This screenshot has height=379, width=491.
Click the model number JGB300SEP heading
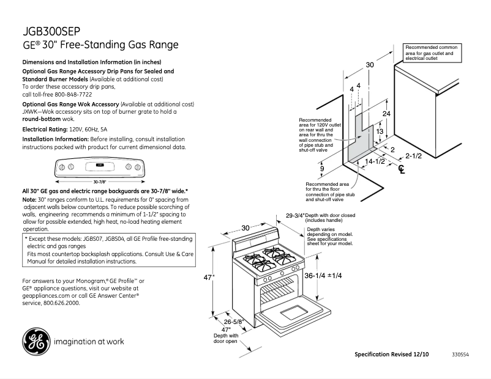pos(50,31)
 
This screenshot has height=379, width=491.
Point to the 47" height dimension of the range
pos(209,277)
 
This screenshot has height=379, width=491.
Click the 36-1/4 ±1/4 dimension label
pos(323,276)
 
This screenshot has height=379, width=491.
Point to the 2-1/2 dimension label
pos(413,156)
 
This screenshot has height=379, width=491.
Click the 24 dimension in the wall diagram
pos(386,114)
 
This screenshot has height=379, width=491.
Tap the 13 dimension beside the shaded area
pos(380,131)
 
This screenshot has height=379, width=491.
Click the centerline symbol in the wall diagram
pos(401,169)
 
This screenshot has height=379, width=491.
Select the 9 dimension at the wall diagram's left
pos(322,169)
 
